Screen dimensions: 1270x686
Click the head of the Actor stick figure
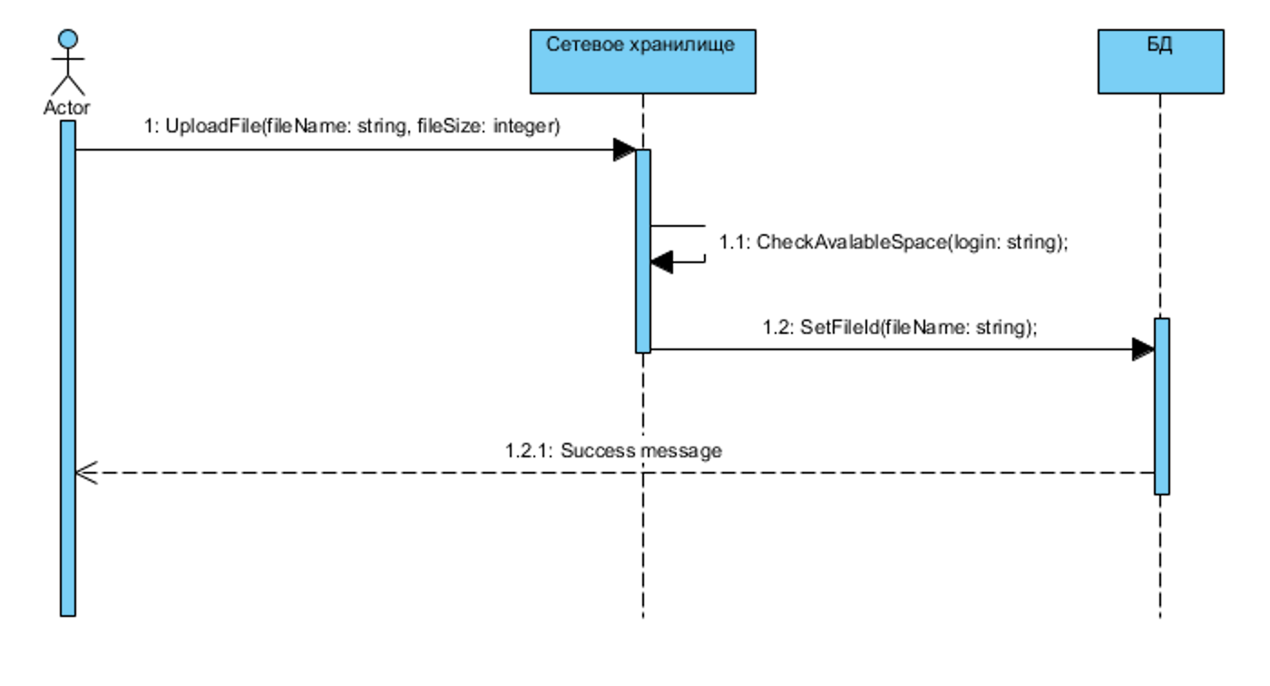tap(68, 38)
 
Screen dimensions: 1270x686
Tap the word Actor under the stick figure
tap(67, 107)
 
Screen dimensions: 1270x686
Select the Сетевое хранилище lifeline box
tap(643, 61)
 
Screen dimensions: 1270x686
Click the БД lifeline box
tap(1160, 61)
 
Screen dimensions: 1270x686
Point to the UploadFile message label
tap(352, 126)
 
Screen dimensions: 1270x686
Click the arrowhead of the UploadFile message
tap(625, 150)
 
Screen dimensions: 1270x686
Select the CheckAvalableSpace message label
tap(894, 242)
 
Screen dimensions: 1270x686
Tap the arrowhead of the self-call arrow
tap(661, 262)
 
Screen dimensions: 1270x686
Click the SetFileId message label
tap(900, 328)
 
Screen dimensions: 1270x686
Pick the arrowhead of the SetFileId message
tap(1144, 349)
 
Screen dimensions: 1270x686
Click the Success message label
tap(613, 451)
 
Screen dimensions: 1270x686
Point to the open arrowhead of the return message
tap(86, 472)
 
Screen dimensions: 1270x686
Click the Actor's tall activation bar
tap(68, 367)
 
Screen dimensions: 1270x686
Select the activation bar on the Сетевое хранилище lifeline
tap(643, 251)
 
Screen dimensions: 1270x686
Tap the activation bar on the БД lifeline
tap(1162, 407)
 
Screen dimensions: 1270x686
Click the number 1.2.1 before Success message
tap(528, 451)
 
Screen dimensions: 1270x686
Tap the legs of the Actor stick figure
tap(68, 85)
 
